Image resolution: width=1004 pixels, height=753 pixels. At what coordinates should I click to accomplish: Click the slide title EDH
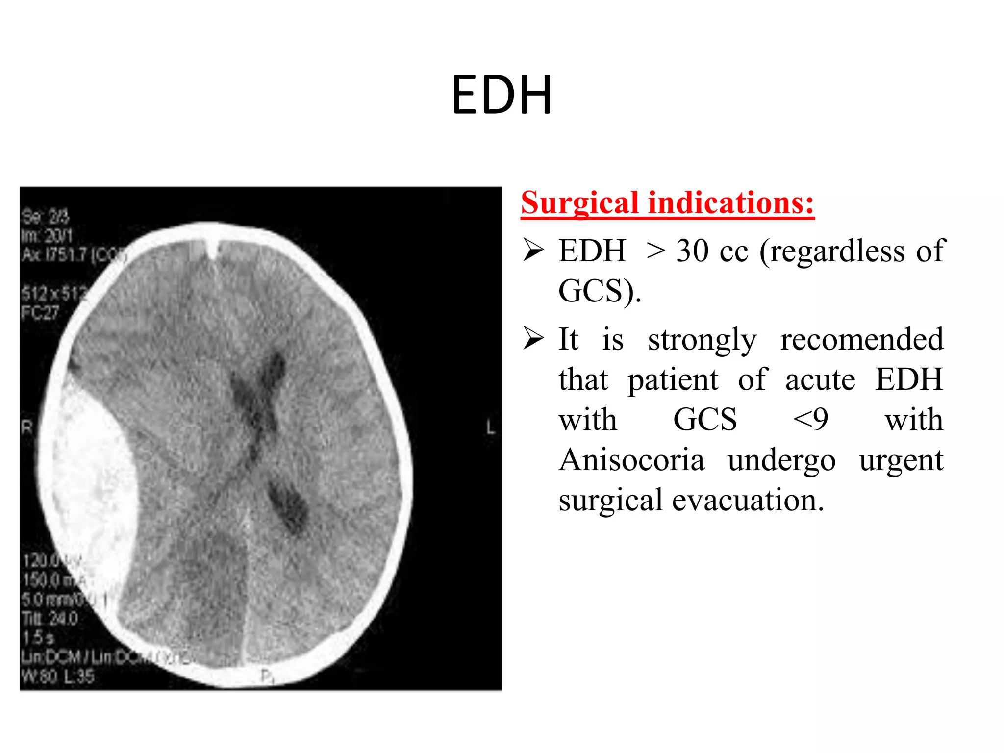click(502, 95)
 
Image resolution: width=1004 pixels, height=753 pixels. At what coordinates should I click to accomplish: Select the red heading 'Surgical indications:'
click(667, 203)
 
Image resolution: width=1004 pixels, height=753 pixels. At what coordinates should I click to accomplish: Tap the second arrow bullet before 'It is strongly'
click(533, 338)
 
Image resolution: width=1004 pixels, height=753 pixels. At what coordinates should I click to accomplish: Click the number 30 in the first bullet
click(692, 251)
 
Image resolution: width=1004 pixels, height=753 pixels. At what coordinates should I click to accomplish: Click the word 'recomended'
click(861, 339)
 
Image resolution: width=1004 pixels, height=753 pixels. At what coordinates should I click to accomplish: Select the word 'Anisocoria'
click(631, 460)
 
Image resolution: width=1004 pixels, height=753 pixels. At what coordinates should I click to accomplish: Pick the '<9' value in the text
click(810, 420)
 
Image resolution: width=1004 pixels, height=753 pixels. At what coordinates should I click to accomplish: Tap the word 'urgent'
click(901, 460)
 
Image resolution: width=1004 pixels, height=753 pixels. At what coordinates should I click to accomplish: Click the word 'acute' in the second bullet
click(820, 380)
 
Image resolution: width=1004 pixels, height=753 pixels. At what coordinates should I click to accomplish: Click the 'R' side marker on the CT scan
click(26, 427)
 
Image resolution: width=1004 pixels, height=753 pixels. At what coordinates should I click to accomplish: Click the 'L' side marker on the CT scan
click(491, 427)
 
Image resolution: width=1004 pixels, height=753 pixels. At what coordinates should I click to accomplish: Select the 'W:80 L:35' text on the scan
click(57, 677)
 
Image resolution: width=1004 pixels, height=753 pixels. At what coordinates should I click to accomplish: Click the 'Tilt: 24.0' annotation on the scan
click(50, 619)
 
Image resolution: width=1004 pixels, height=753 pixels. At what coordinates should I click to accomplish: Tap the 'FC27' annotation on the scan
click(40, 312)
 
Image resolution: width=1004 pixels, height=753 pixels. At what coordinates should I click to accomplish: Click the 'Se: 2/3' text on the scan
click(45, 216)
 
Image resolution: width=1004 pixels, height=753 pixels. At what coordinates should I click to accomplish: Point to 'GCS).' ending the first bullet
click(600, 291)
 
